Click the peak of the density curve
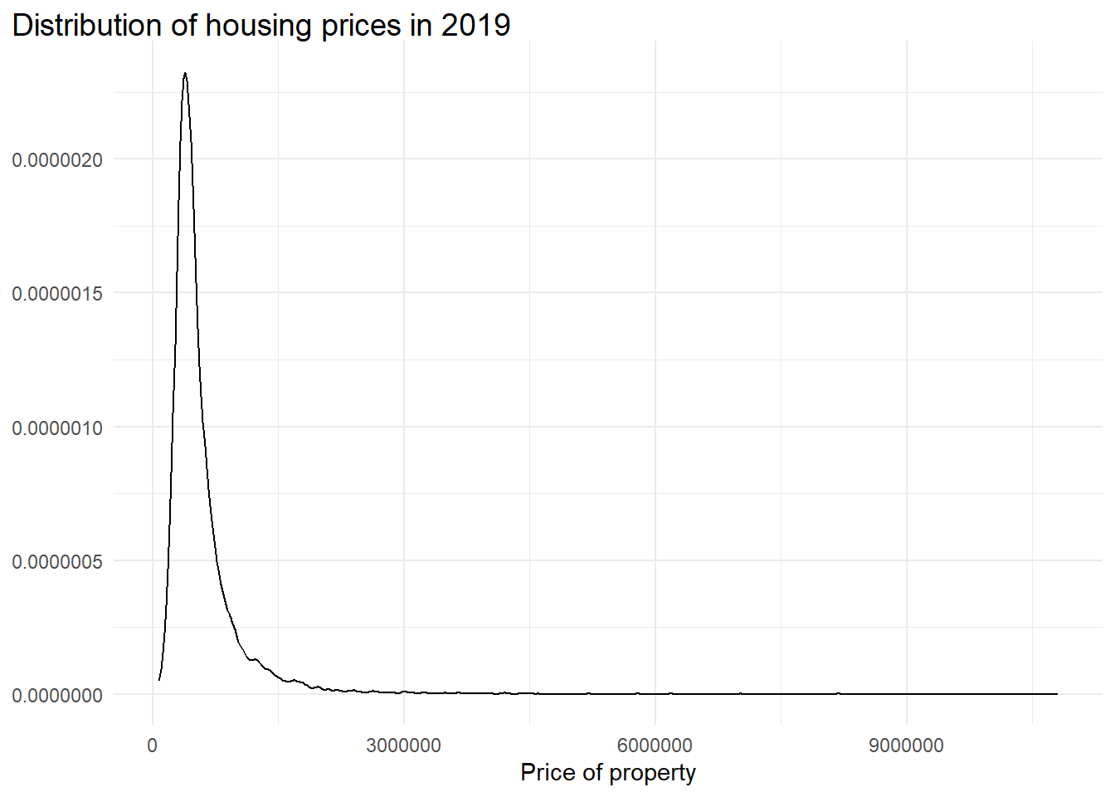[x=185, y=73]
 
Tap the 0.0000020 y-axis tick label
[x=57, y=160]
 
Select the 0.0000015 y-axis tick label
[x=57, y=294]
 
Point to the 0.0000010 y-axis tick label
[x=57, y=428]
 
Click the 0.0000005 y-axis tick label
[x=57, y=562]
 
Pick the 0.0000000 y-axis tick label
[x=57, y=696]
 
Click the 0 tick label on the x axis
[x=153, y=746]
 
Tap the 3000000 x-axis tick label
[x=403, y=746]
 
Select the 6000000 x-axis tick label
[x=655, y=746]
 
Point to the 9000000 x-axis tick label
[x=906, y=746]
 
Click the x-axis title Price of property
[x=607, y=773]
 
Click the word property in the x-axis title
[x=652, y=773]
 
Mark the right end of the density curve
[x=1057, y=693]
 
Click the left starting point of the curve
[x=159, y=680]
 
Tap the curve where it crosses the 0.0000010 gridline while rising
[x=173, y=427]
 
